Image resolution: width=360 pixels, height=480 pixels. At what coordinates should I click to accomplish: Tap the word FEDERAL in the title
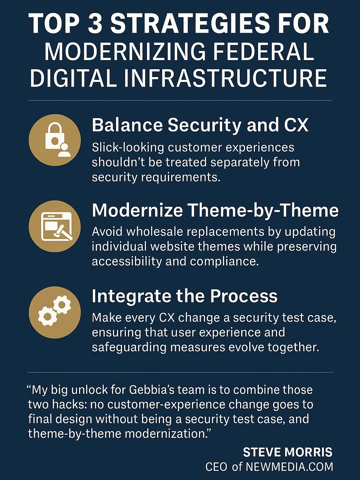coord(263,52)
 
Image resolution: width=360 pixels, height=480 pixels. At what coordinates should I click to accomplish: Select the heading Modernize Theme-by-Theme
coord(215,210)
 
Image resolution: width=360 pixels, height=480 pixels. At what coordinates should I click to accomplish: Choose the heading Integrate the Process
coord(185,296)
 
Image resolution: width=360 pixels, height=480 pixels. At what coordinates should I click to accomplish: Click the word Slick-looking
coord(128,148)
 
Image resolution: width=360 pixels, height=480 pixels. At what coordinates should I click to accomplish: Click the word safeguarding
coord(129,347)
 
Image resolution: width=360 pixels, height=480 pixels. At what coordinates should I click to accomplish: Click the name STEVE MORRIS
coord(288,452)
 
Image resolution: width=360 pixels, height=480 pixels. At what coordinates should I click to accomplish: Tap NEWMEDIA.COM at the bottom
coord(289,467)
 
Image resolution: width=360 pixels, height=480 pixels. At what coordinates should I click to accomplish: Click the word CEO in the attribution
coord(216,467)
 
